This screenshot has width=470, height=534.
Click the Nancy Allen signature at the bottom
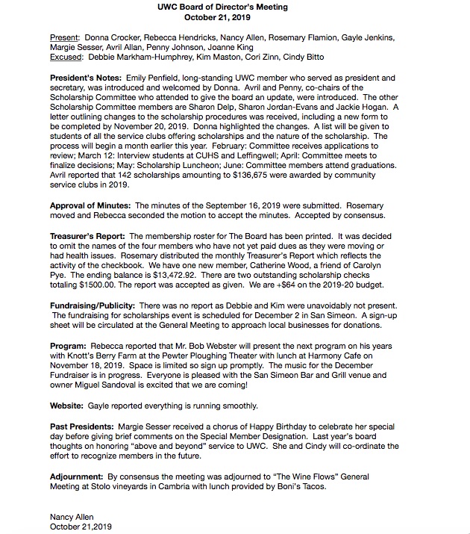pyautogui.click(x=72, y=517)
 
